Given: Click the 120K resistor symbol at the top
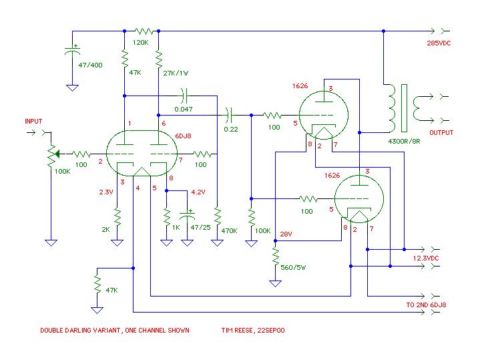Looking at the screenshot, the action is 144,31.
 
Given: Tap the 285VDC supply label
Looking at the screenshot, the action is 439,43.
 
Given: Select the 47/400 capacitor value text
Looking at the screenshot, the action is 90,65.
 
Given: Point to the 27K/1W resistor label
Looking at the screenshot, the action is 176,73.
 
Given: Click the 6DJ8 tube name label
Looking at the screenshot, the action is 183,136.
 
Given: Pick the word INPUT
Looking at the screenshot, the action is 33,122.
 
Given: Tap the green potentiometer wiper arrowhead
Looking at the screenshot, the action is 57,154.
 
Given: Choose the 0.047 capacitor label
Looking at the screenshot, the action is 184,109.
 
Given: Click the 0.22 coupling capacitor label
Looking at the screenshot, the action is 231,130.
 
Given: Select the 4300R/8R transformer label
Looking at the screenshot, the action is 404,141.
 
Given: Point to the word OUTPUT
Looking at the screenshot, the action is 441,133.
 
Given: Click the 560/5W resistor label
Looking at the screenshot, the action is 293,267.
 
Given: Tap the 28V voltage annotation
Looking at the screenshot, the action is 286,234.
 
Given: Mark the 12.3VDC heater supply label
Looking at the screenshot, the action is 426,258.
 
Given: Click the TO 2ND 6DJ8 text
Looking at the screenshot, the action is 426,305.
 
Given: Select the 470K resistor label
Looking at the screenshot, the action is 229,230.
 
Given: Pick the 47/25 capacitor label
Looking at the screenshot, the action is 200,227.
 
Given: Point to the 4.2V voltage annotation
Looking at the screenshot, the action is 198,192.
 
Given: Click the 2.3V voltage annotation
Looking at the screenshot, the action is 106,192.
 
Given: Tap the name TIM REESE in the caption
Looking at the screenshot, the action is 237,331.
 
